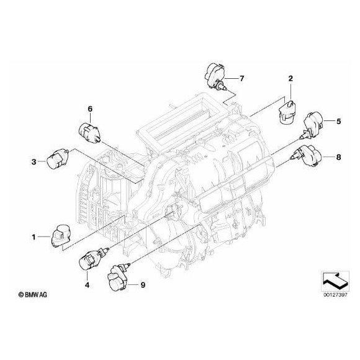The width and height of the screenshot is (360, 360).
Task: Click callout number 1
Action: coord(35,236)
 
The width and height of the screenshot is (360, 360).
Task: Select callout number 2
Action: coord(289,78)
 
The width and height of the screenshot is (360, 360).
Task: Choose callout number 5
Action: coord(339,121)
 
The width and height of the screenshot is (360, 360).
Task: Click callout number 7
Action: coord(243,78)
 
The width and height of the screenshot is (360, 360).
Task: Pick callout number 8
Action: coord(338,158)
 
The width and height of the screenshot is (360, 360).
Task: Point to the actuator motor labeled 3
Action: coord(55,159)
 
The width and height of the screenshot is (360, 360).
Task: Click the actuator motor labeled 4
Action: coord(91,259)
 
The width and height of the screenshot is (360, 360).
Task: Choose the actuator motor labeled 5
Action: coord(314,121)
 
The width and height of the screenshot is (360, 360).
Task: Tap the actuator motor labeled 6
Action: coord(89,131)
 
